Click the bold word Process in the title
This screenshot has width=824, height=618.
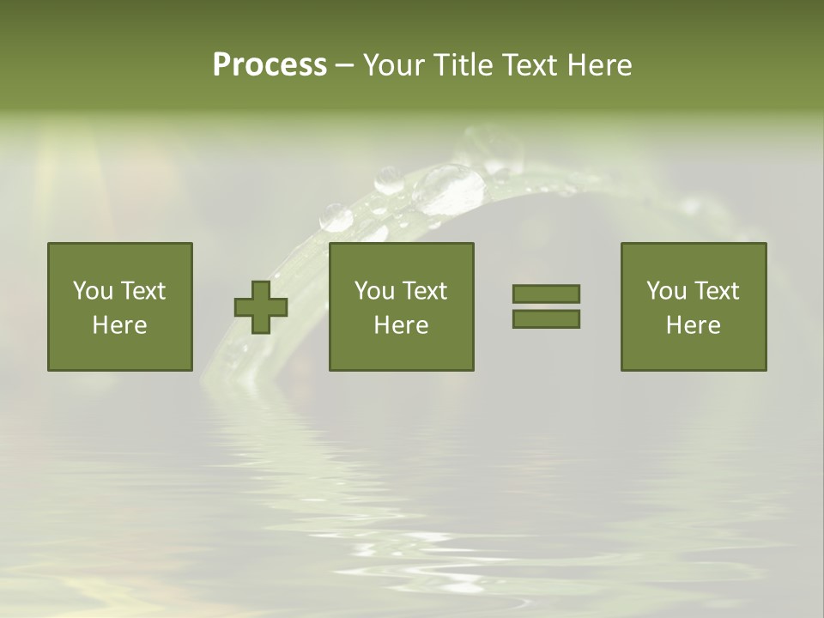pos(270,65)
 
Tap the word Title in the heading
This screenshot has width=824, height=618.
pos(461,65)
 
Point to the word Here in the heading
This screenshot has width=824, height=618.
pos(600,65)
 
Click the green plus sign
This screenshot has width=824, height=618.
pos(261,306)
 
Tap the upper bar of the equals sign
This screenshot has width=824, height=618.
pos(546,294)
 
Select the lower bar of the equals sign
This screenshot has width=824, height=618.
pos(546,319)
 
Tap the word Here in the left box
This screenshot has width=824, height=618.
pos(120,325)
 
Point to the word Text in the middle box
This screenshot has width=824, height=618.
pos(425,291)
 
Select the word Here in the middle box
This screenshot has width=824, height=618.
pos(402,325)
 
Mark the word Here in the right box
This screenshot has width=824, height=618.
pos(694,325)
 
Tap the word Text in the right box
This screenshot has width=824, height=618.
pos(717,291)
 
